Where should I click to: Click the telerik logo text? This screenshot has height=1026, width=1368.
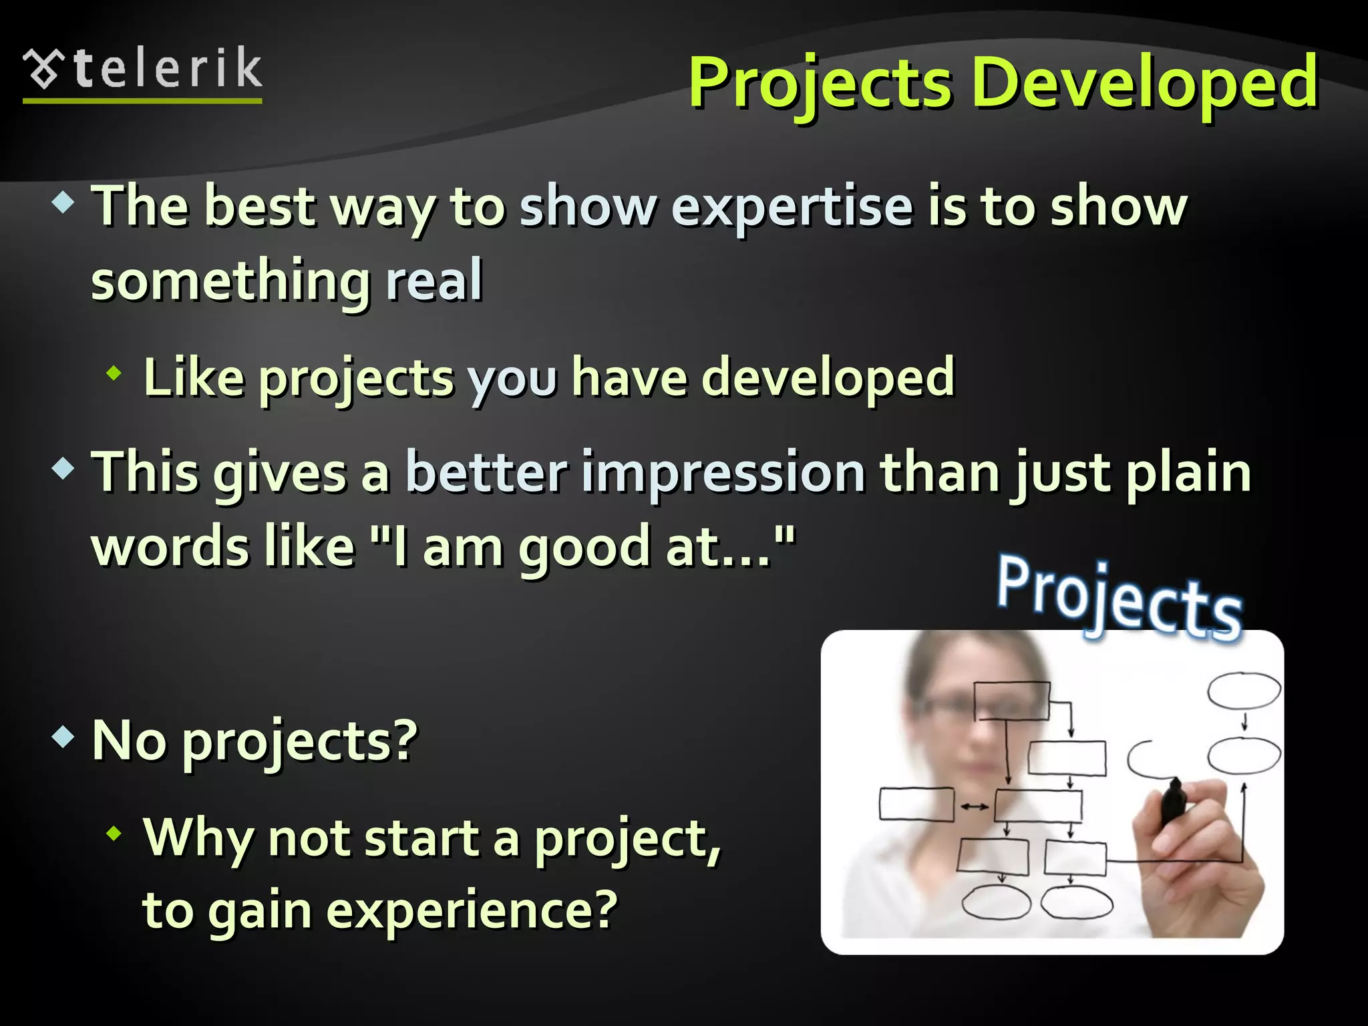click(x=167, y=69)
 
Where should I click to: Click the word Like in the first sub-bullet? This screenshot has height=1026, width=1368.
click(x=194, y=378)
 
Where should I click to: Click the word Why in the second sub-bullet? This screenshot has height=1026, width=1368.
click(x=198, y=838)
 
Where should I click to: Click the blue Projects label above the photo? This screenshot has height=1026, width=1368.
click(x=1120, y=598)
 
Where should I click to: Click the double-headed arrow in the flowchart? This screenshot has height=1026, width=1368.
click(x=975, y=807)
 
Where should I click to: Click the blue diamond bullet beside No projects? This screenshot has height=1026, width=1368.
click(x=63, y=737)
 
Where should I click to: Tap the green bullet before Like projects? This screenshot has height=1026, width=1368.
click(x=114, y=374)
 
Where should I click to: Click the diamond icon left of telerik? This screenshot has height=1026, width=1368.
click(x=43, y=69)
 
